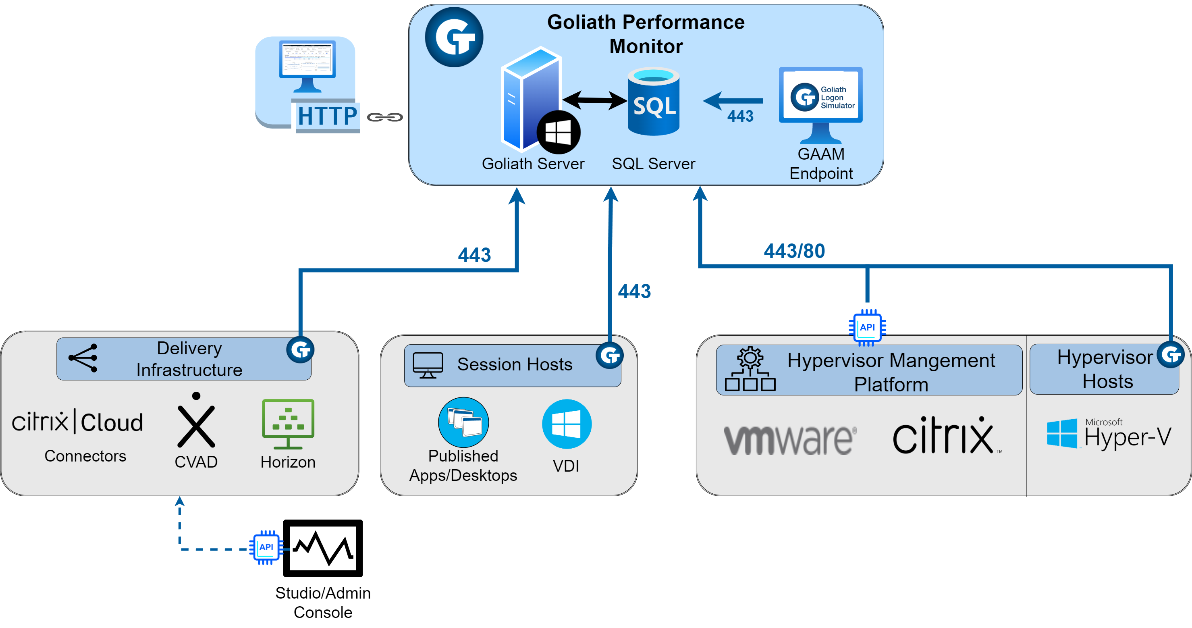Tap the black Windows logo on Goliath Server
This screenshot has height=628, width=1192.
pyautogui.click(x=558, y=132)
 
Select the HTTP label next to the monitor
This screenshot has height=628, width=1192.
pyautogui.click(x=327, y=116)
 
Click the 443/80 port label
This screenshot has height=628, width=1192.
pyautogui.click(x=794, y=251)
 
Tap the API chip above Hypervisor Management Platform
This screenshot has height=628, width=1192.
pyautogui.click(x=867, y=327)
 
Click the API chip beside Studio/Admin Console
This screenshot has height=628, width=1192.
pyautogui.click(x=266, y=547)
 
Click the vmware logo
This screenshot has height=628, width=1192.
pyautogui.click(x=790, y=439)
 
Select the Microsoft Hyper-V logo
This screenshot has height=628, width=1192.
pyautogui.click(x=1109, y=434)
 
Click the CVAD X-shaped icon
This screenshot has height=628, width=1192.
pyautogui.click(x=196, y=422)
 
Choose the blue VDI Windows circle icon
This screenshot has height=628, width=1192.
pyautogui.click(x=567, y=424)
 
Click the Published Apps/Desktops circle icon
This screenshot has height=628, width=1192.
pyautogui.click(x=463, y=422)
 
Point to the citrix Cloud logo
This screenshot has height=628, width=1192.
pyautogui.click(x=77, y=422)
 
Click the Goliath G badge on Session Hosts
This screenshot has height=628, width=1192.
pyautogui.click(x=609, y=356)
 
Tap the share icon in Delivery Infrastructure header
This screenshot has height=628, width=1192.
pyautogui.click(x=83, y=358)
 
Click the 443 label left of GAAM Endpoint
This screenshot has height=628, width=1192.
pyautogui.click(x=740, y=116)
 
